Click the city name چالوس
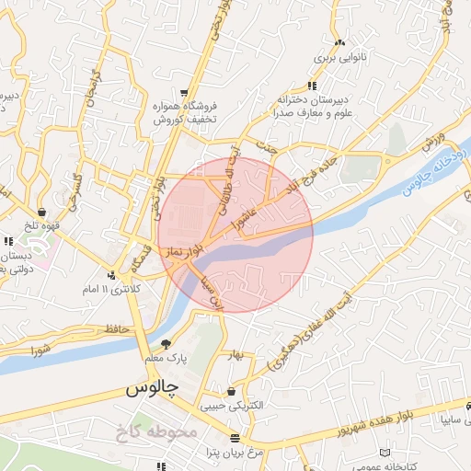[152, 390]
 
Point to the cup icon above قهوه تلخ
[42, 213]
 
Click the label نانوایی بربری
[340, 57]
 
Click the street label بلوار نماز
[183, 250]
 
